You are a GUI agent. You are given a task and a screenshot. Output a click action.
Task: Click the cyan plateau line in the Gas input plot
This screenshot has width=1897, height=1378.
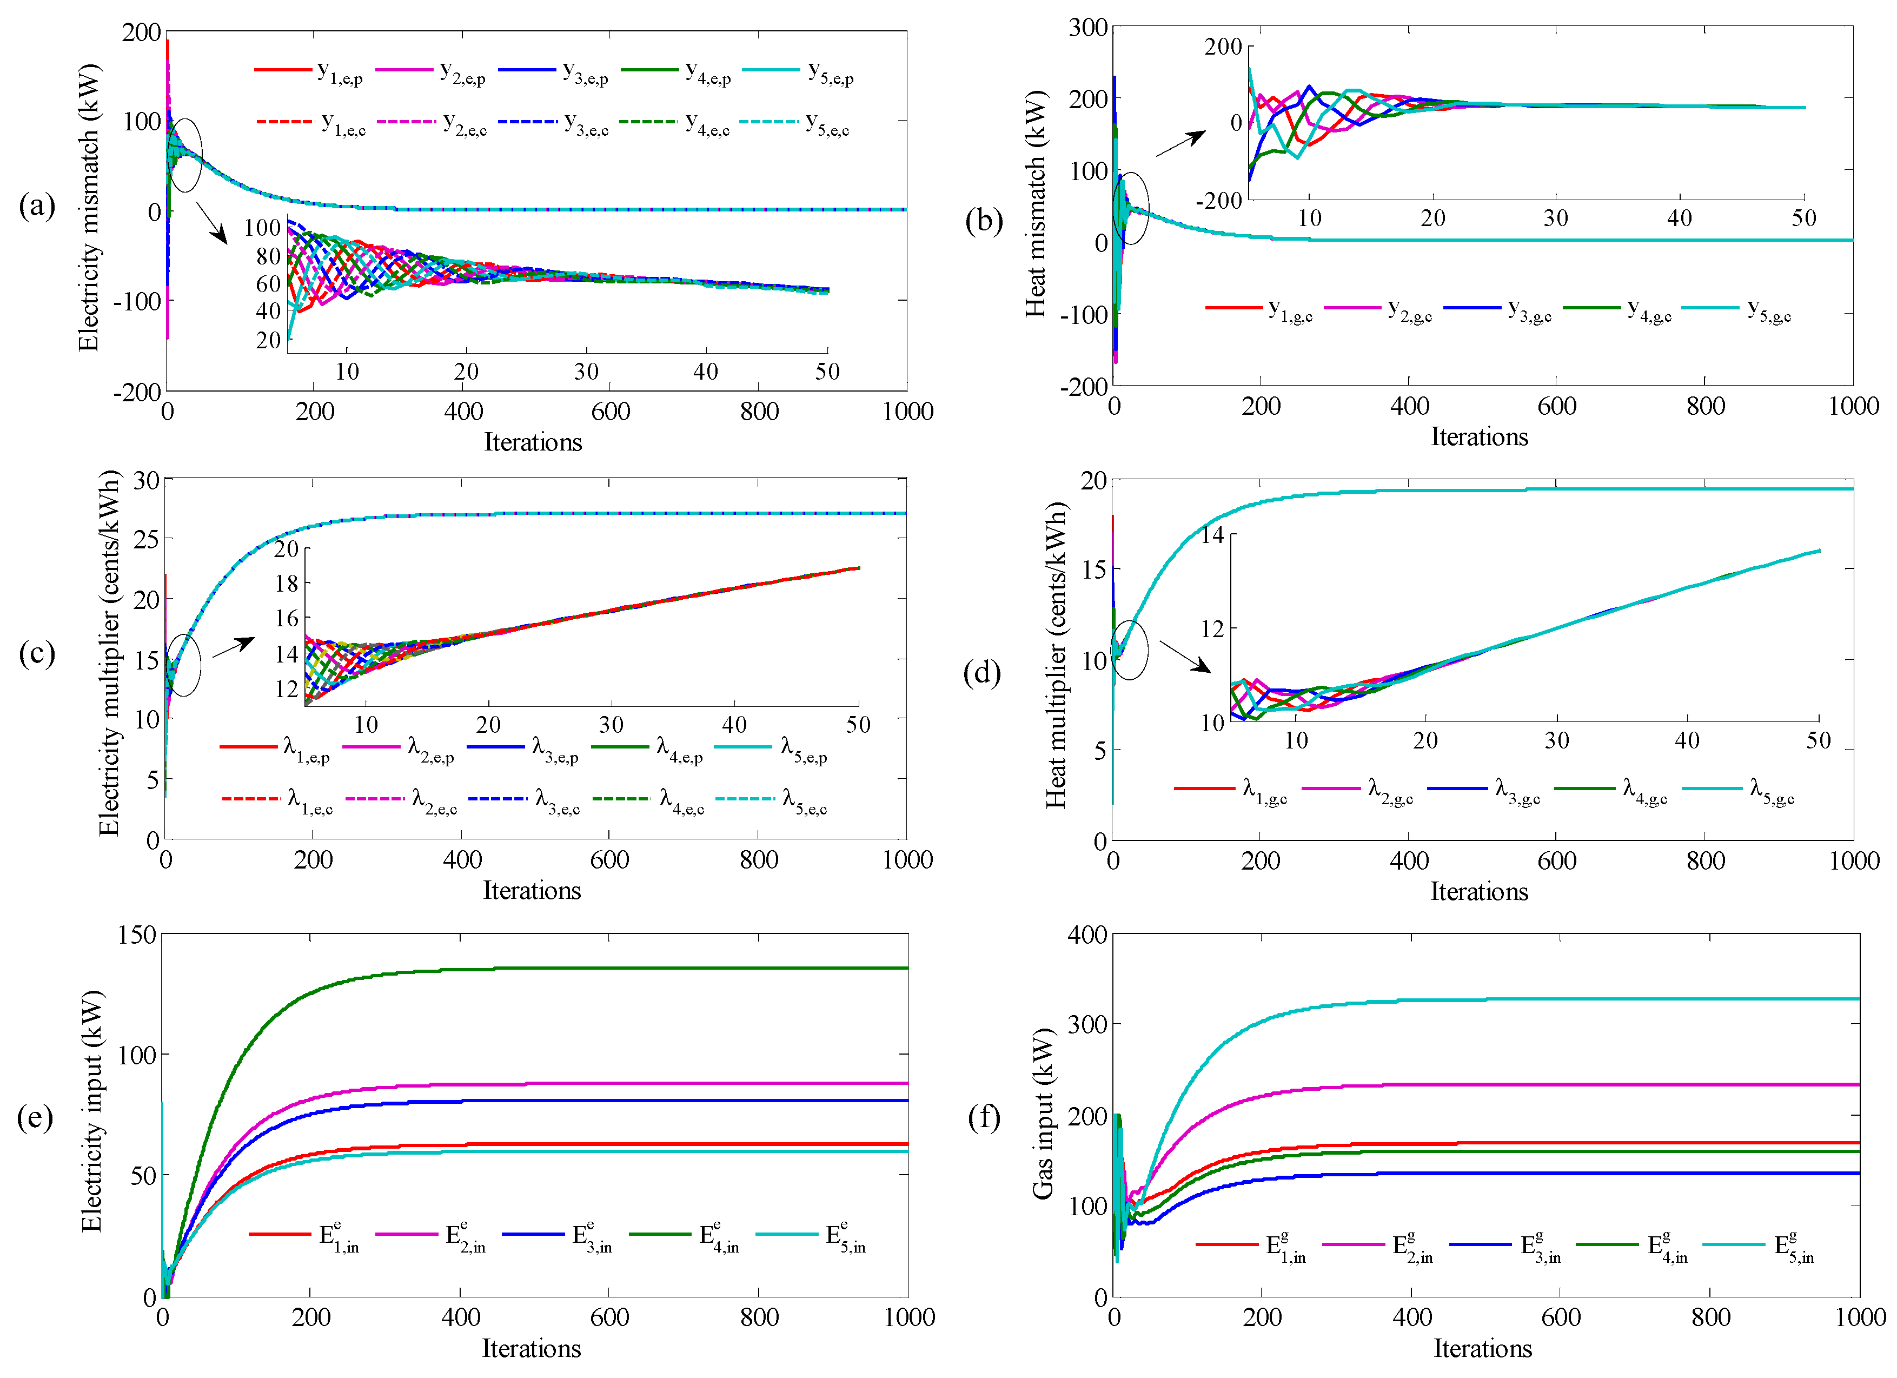coord(1589,999)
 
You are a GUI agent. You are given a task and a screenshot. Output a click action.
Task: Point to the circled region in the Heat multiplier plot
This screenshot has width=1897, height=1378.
coord(1129,650)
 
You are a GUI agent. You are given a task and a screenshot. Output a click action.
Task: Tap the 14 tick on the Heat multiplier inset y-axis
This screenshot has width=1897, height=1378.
coord(1213,535)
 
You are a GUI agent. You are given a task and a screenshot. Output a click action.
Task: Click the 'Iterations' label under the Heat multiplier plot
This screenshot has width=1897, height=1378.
coord(1479,891)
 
